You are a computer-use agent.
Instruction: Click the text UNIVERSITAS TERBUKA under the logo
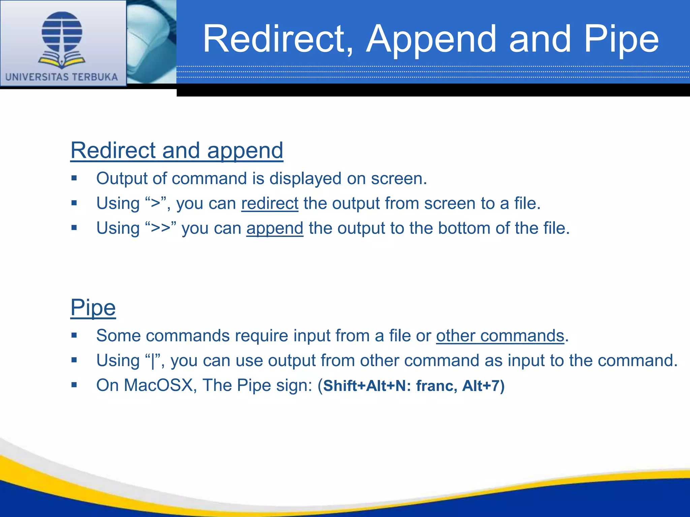(62, 77)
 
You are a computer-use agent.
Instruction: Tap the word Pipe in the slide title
(621, 40)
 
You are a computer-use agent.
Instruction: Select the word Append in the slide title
(432, 40)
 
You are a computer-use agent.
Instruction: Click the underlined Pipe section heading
(93, 307)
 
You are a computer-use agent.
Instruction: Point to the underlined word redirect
(270, 203)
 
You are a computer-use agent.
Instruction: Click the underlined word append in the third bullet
(275, 228)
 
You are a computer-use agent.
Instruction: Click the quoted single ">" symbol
(156, 203)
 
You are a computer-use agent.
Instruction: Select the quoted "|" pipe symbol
(153, 360)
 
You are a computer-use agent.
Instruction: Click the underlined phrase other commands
(500, 336)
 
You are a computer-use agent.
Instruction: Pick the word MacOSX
(158, 385)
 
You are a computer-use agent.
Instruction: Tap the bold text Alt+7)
(483, 386)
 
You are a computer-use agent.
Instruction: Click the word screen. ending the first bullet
(399, 179)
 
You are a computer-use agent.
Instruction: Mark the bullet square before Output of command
(74, 178)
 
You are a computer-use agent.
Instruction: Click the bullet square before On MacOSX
(74, 385)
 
